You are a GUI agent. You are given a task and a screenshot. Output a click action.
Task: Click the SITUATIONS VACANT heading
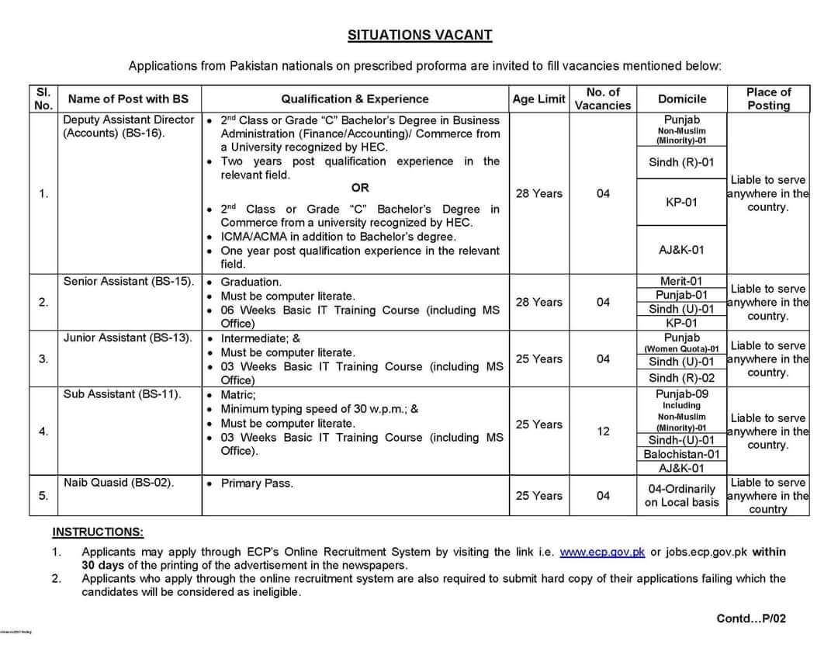pyautogui.click(x=419, y=35)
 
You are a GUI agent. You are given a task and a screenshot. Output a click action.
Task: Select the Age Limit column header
pyautogui.click(x=538, y=99)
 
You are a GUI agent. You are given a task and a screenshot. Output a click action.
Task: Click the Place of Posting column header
pyautogui.click(x=768, y=99)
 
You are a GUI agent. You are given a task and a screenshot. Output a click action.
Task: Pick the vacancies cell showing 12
pyautogui.click(x=603, y=431)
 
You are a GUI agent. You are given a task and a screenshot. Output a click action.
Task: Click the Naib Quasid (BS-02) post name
pyautogui.click(x=119, y=483)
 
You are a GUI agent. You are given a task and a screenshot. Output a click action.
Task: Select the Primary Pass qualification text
pyautogui.click(x=256, y=483)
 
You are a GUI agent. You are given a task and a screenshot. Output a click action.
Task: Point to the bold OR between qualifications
pyautogui.click(x=360, y=188)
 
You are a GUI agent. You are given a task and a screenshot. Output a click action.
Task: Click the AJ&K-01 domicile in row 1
pyautogui.click(x=682, y=250)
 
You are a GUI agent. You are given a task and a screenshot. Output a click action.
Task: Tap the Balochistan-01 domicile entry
pyautogui.click(x=682, y=454)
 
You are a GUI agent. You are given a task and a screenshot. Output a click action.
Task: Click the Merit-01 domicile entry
pyautogui.click(x=682, y=281)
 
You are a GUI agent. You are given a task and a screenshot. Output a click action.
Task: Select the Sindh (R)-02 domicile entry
pyautogui.click(x=682, y=378)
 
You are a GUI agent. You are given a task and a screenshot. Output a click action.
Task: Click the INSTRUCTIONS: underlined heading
pyautogui.click(x=98, y=532)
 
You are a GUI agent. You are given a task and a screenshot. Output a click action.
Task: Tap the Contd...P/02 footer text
pyautogui.click(x=751, y=619)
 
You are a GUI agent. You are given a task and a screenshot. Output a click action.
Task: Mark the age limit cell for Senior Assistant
pyautogui.click(x=538, y=302)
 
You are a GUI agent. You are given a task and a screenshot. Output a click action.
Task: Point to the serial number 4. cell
pyautogui.click(x=43, y=431)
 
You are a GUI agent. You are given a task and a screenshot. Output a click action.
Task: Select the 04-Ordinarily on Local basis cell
pyautogui.click(x=682, y=495)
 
